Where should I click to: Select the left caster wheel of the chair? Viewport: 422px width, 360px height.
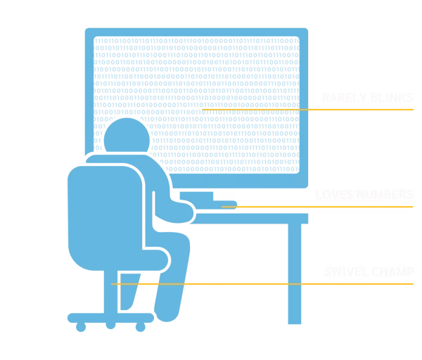(x=79, y=326)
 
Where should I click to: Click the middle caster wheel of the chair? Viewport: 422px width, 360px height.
(x=110, y=326)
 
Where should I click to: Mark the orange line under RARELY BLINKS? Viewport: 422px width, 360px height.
(x=309, y=110)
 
